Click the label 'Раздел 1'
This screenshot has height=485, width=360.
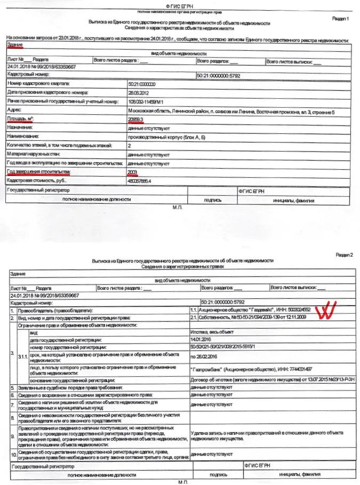coord(341,19)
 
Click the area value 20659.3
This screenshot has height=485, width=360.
coord(137,119)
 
